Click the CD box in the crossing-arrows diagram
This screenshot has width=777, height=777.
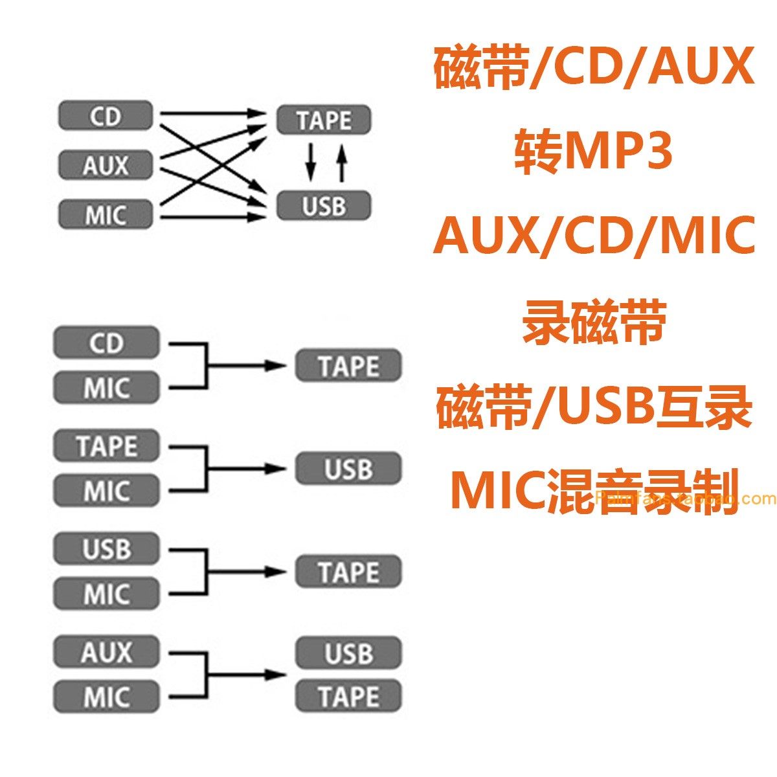pos(106,117)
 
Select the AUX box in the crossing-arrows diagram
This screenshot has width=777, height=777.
pos(106,164)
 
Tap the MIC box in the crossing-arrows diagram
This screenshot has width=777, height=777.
pos(106,214)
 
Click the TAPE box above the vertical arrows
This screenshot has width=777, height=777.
pos(324,120)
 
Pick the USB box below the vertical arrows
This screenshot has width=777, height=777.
pos(324,205)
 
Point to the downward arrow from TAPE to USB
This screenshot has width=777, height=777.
pos(310,162)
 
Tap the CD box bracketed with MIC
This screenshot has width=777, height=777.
pos(106,343)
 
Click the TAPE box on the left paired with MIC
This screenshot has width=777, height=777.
pos(106,446)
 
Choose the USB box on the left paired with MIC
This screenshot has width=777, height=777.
pos(106,549)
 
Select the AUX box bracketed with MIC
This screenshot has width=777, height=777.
pos(106,652)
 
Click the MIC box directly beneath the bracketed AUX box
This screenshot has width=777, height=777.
pos(106,697)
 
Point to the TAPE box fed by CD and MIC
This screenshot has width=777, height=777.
pos(348,366)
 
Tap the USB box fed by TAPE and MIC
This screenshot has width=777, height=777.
pos(348,469)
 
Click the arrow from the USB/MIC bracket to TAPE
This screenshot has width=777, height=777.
pos(246,572)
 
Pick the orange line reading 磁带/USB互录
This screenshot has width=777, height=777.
pos(594,407)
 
